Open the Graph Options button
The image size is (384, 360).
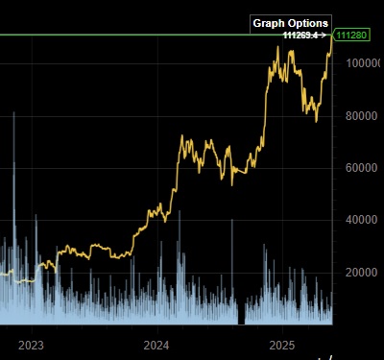pos(290,23)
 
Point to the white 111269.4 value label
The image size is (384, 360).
pos(300,36)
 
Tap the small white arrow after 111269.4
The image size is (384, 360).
pos(324,36)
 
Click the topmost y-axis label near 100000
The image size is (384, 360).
pos(361,63)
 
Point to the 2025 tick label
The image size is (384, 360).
pos(283,345)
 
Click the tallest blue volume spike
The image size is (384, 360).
pos(13,115)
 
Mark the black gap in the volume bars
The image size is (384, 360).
pos(242,315)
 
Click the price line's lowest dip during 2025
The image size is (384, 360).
pos(317,120)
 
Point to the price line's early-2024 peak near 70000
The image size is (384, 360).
pos(183,136)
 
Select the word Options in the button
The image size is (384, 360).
pos(309,23)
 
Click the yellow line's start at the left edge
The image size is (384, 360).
pos(2,275)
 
